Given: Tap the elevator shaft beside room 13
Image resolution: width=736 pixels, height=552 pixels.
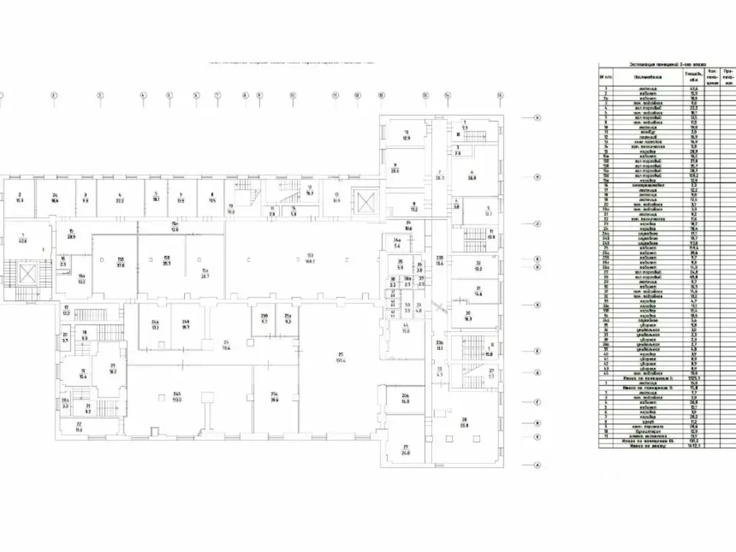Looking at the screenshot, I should point(365,200).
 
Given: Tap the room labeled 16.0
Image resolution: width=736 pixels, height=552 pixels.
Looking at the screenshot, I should point(405,399).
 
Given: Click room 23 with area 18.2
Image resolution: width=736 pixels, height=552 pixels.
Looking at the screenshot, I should point(112,369).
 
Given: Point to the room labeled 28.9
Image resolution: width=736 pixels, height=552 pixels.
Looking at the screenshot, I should point(72,234).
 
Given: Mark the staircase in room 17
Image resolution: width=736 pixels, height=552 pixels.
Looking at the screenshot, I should point(90,315).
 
